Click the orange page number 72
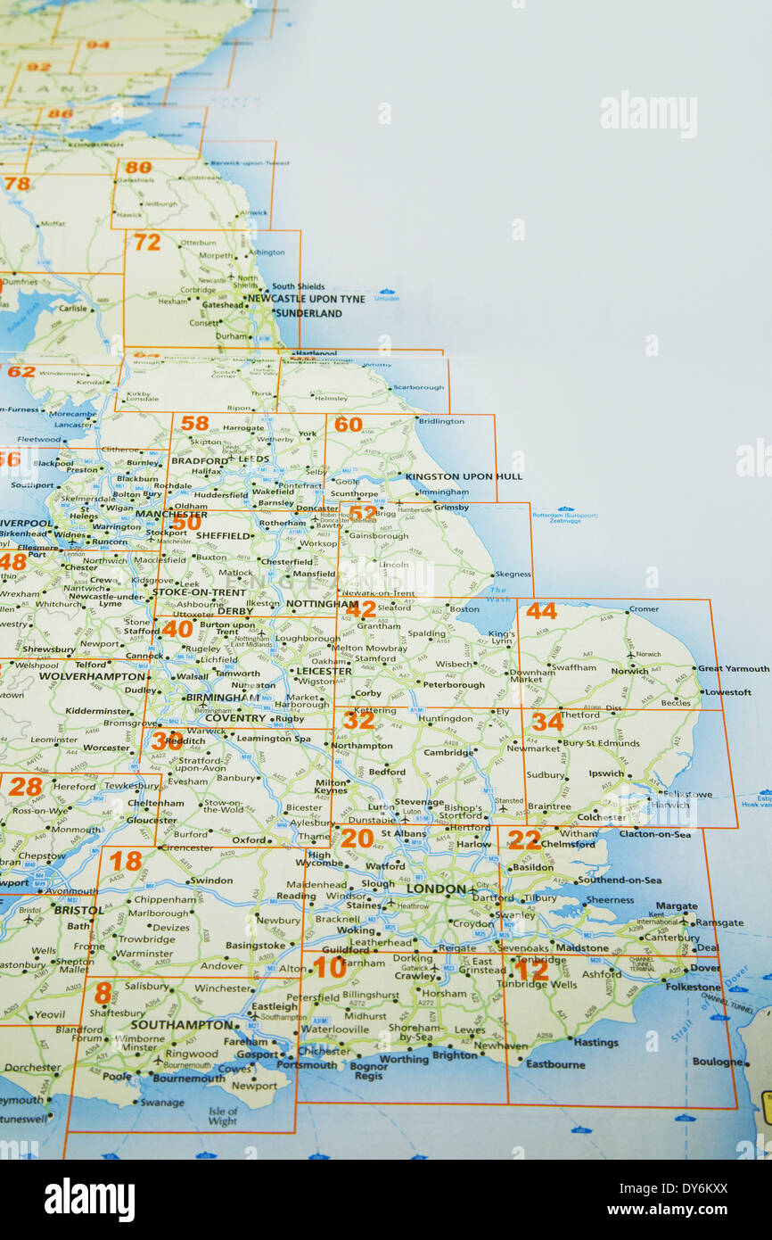(146, 242)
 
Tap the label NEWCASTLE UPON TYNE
(306, 299)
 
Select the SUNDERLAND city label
(308, 314)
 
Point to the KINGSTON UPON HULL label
(464, 477)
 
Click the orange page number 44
(540, 611)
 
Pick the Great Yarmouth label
(733, 668)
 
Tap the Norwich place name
(629, 671)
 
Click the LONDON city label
(436, 889)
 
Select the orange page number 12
(531, 969)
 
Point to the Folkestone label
(693, 988)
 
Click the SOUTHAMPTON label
(181, 1025)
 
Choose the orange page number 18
(126, 861)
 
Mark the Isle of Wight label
(223, 1116)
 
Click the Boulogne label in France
(717, 1062)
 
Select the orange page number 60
(348, 425)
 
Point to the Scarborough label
(418, 388)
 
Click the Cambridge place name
(448, 752)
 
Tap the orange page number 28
(25, 786)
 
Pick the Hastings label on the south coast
(595, 1042)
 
